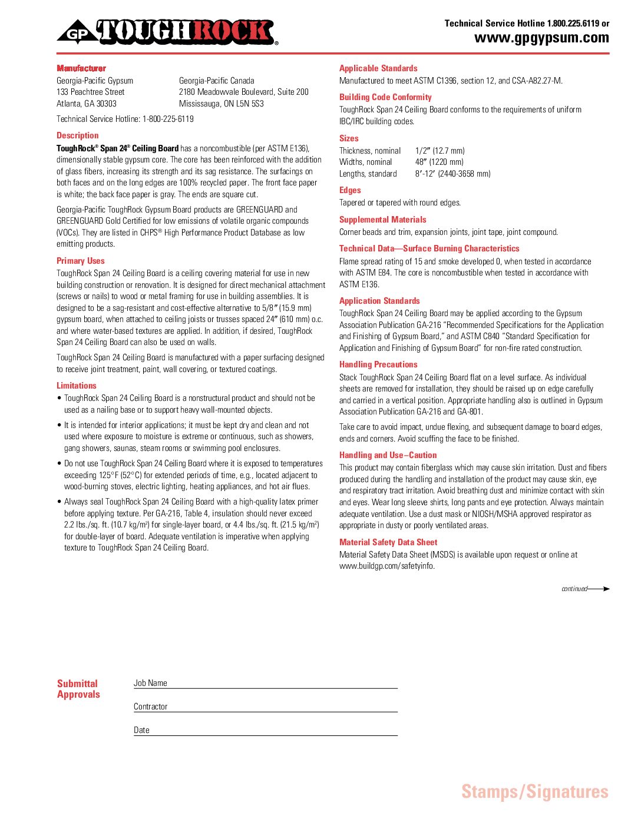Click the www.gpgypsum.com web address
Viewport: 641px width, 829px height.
(x=541, y=38)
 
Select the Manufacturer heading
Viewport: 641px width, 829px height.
(x=81, y=68)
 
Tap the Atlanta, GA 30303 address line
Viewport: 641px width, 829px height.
(x=87, y=104)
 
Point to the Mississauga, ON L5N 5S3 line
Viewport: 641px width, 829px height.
(x=222, y=104)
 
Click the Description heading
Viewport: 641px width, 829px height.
(x=78, y=135)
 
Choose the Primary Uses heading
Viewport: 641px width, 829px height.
(x=81, y=261)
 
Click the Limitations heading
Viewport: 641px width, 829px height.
(x=77, y=386)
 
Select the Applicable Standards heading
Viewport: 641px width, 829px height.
(x=378, y=68)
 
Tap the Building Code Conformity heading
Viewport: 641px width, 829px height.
(x=385, y=97)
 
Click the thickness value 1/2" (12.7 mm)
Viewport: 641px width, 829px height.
(x=440, y=151)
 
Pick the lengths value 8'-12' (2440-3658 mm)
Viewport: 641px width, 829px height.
(x=453, y=174)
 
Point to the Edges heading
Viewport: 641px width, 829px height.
(x=350, y=190)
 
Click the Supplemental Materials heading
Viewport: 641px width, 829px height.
(x=383, y=220)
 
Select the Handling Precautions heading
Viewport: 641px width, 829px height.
(x=378, y=364)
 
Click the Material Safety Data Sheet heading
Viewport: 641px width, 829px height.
(x=388, y=542)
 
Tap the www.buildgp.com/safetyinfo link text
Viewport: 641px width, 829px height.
(x=387, y=566)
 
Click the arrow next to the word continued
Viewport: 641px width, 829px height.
(x=599, y=589)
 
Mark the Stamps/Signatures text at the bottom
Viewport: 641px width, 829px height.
(x=535, y=792)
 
